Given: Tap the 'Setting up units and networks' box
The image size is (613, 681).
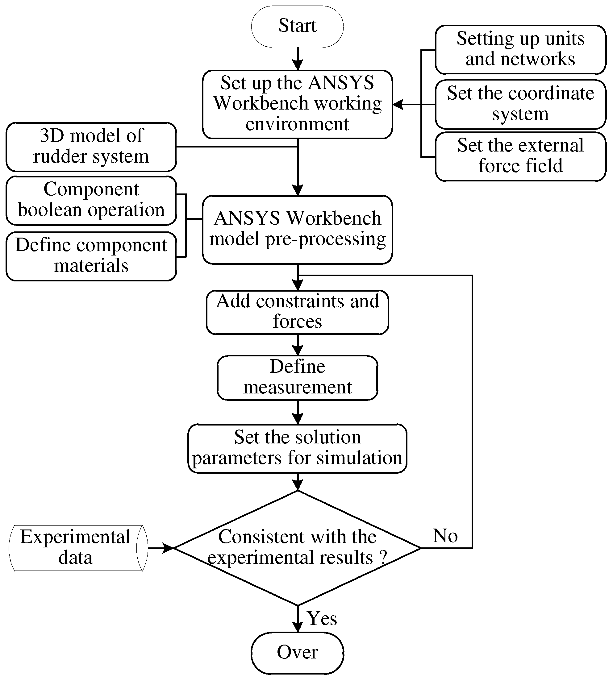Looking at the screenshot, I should pyautogui.click(x=520, y=49).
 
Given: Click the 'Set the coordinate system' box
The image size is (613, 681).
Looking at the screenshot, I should pyautogui.click(x=520, y=104).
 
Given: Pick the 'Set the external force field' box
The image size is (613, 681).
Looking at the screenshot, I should pyautogui.click(x=520, y=156).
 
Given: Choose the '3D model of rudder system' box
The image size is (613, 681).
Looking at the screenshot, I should pyautogui.click(x=91, y=147).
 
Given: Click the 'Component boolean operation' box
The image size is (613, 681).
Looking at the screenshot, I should pyautogui.click(x=91, y=200).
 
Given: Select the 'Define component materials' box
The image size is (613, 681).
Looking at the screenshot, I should pyautogui.click(x=91, y=256).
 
